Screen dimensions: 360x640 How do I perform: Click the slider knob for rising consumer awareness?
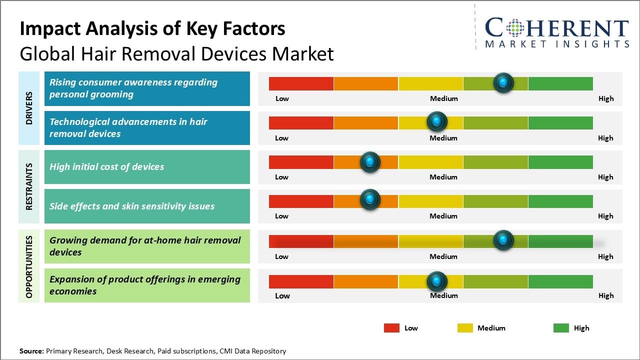click(x=503, y=82)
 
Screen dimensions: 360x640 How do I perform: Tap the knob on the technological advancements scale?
click(x=437, y=121)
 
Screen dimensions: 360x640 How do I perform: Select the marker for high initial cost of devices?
click(x=370, y=161)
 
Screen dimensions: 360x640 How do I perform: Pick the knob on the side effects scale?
click(x=370, y=199)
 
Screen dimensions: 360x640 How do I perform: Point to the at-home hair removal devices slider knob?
click(x=503, y=240)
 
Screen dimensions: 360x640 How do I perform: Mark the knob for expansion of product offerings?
click(x=437, y=281)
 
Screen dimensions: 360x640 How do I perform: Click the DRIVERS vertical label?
click(x=29, y=108)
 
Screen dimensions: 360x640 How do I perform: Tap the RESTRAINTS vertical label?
click(x=29, y=186)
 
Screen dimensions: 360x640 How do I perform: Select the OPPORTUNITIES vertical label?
click(x=29, y=266)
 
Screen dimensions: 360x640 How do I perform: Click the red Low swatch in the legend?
click(x=391, y=328)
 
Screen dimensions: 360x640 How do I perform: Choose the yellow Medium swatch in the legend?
click(x=465, y=328)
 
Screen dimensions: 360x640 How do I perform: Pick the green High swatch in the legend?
click(x=561, y=328)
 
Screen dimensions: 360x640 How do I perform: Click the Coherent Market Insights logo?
click(x=556, y=33)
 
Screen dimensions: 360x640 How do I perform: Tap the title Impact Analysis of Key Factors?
click(x=152, y=28)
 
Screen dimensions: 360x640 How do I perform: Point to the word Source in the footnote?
click(x=31, y=351)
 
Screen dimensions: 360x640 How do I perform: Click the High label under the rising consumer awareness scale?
click(x=605, y=98)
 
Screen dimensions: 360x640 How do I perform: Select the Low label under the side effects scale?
click(x=281, y=216)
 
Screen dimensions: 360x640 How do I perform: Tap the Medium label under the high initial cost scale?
click(x=443, y=177)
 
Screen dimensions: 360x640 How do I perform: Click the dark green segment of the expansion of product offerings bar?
click(x=560, y=281)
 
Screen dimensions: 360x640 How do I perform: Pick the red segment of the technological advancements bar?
click(x=301, y=122)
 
